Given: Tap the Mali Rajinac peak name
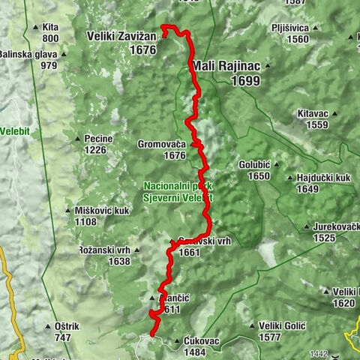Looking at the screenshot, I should point(226,66).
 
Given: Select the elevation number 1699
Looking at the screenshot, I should point(245,80).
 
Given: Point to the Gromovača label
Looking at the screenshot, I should point(161,144).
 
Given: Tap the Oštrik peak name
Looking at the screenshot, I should point(72,326).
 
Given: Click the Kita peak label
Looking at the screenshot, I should point(51,27).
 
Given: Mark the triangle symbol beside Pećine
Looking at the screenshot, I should point(78,139).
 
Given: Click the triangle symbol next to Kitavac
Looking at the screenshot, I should point(334,113).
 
